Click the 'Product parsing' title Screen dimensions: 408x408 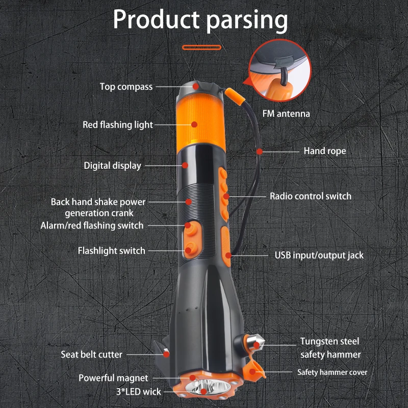pyautogui.click(x=200, y=20)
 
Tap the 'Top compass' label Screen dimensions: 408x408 pyautogui.click(x=126, y=87)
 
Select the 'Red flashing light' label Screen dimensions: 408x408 pyautogui.click(x=118, y=124)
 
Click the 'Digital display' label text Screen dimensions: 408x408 pyautogui.click(x=112, y=166)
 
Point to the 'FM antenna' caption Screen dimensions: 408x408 pyautogui.click(x=286, y=114)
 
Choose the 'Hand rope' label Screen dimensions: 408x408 pyautogui.click(x=325, y=151)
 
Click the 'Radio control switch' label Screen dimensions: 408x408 pyautogui.click(x=311, y=196)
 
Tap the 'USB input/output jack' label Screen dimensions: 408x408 pyautogui.click(x=319, y=256)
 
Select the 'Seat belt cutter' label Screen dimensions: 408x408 pyautogui.click(x=91, y=354)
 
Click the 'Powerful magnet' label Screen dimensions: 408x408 pyautogui.click(x=113, y=378)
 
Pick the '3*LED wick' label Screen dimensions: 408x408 pyautogui.click(x=139, y=392)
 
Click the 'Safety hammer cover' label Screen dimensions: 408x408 pyautogui.click(x=333, y=372)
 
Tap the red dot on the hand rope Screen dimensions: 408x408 pyautogui.click(x=260, y=151)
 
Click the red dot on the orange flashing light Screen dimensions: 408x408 pyautogui.click(x=194, y=124)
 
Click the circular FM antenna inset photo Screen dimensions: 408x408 pyautogui.click(x=279, y=71)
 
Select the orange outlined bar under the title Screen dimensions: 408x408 pyautogui.click(x=201, y=47)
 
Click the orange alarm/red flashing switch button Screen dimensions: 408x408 pyautogui.click(x=191, y=229)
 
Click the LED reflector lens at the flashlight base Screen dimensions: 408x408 pyautogui.click(x=208, y=388)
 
